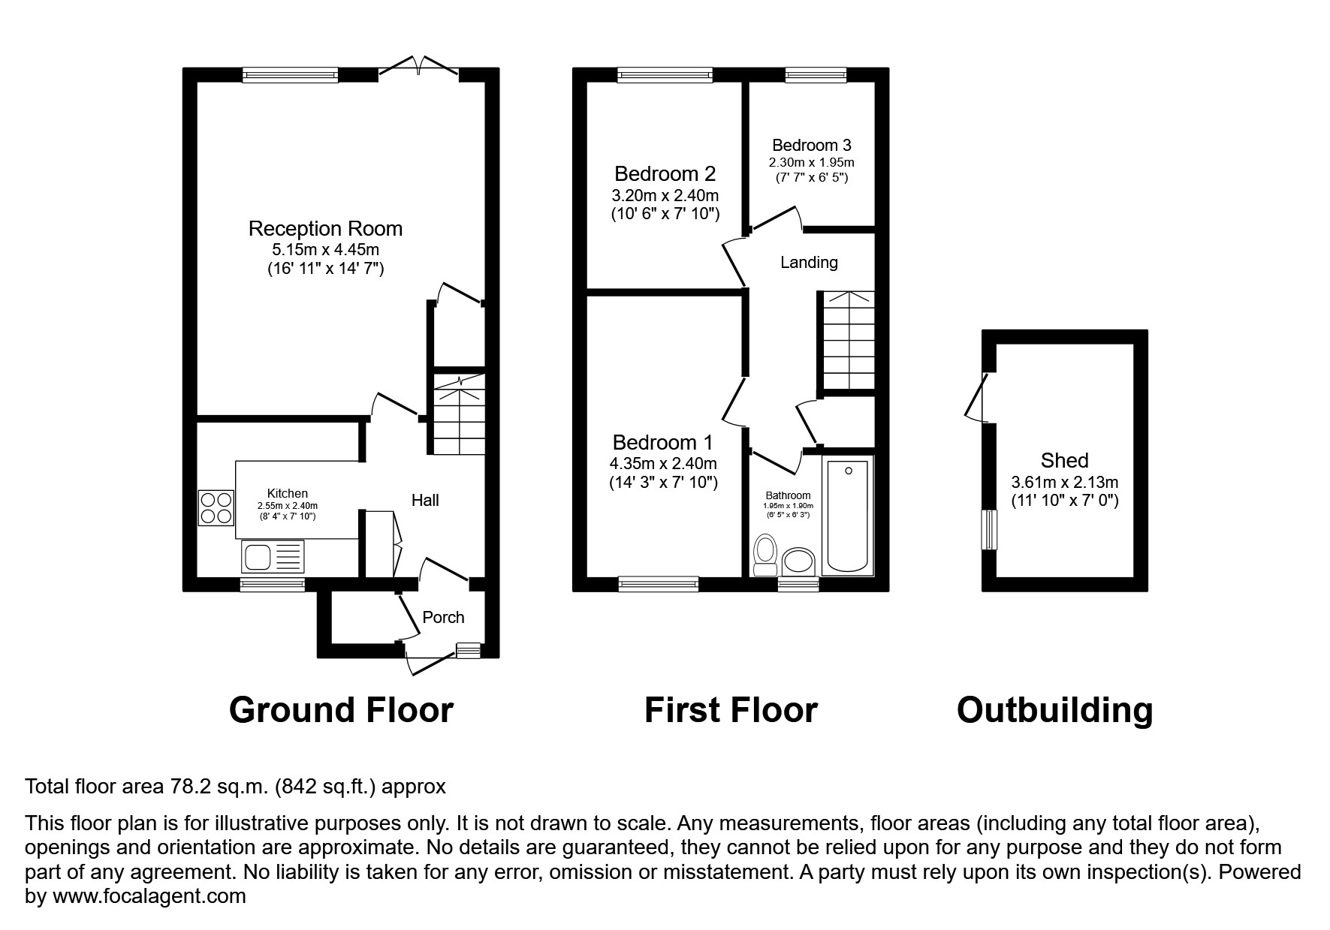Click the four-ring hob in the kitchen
coord(216,507)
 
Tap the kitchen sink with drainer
coord(273,557)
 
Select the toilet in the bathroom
coord(765,554)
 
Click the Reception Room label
coord(325,229)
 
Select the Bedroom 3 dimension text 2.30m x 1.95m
coord(811,162)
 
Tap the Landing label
coord(809,263)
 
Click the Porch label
coord(443,618)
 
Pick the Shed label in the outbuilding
coord(1064,460)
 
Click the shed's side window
coord(991,530)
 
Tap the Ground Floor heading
coord(341,710)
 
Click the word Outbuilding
coord(1054,710)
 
